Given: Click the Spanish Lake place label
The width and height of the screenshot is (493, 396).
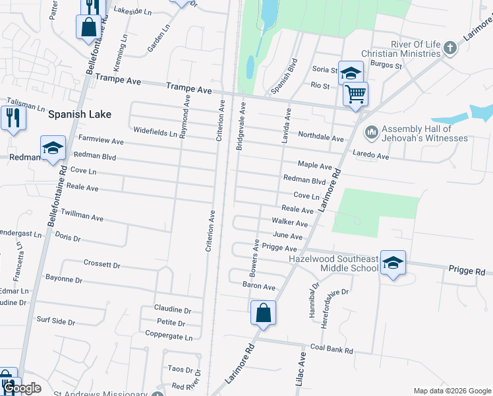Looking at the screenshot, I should [79, 114].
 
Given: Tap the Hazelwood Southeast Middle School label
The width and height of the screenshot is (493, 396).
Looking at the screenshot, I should [333, 264].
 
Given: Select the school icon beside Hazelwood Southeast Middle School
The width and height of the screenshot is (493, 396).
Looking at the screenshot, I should [393, 264].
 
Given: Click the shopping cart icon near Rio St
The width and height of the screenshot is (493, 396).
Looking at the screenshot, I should [355, 94].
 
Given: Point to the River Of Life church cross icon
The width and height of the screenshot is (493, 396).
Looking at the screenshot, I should [450, 48].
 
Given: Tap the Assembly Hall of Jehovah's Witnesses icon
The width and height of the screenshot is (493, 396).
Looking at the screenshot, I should [370, 133].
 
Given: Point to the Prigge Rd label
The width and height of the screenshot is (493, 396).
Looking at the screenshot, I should [467, 271].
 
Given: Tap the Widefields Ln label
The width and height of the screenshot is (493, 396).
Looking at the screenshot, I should [155, 131].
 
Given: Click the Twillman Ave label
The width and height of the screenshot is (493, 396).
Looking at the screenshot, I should [82, 216].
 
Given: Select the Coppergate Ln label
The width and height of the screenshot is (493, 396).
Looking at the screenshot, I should [170, 337].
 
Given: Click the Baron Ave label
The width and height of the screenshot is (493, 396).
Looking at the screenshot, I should [259, 287].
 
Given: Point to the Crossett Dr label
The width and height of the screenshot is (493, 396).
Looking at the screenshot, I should [102, 264].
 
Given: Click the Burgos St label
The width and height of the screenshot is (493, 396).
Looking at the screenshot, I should [385, 66].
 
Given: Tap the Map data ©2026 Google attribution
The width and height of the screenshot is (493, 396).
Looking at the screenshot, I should [451, 391].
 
